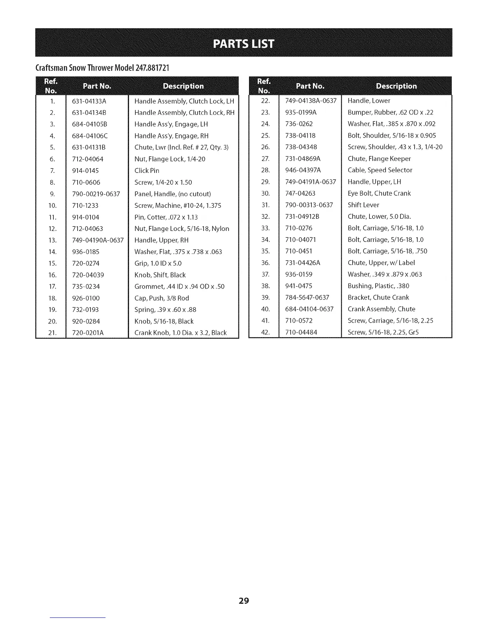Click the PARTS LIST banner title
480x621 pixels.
click(x=244, y=43)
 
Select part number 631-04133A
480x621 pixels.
click(x=89, y=101)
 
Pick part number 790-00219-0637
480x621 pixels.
click(x=96, y=194)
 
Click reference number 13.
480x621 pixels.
click(x=53, y=240)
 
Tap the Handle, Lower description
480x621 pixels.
click(x=369, y=101)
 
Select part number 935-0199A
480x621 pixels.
click(x=301, y=113)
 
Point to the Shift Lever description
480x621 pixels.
click(x=364, y=205)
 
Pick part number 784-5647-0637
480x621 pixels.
click(x=307, y=298)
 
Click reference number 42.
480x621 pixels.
click(x=266, y=332)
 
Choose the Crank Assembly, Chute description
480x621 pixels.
click(x=382, y=309)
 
